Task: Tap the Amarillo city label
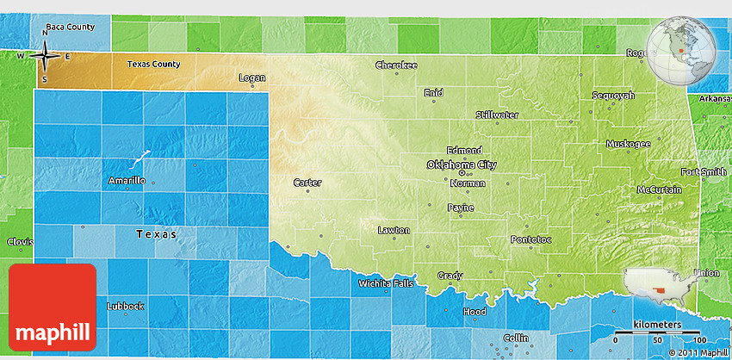127,181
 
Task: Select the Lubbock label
125,306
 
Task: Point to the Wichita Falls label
387,283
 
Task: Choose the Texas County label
154,64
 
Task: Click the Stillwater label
497,115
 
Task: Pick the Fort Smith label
704,172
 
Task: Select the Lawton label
394,230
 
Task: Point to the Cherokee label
396,65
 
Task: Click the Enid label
433,92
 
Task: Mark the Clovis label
19,242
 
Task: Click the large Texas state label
156,233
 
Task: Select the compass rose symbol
44,58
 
